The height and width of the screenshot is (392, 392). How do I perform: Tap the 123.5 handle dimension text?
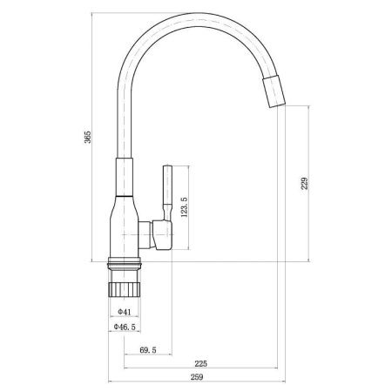(x=185, y=210)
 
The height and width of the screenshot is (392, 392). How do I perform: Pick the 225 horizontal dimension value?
(x=199, y=364)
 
